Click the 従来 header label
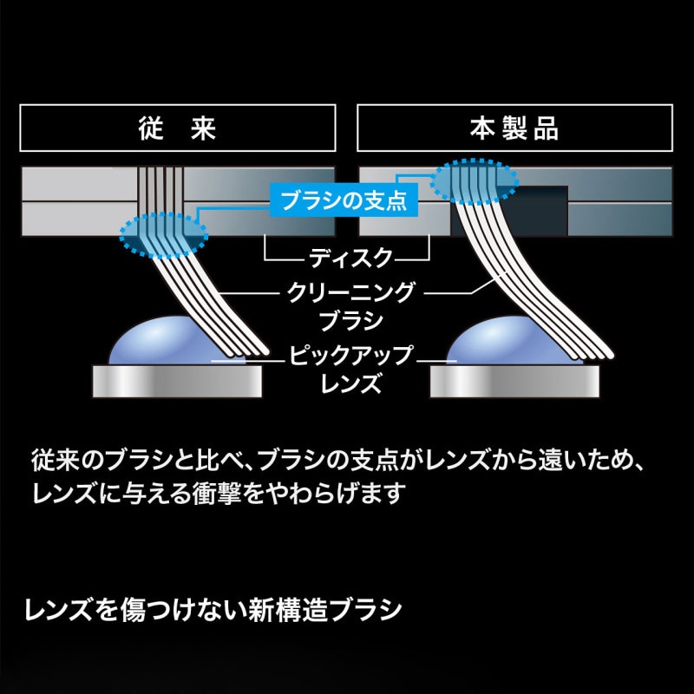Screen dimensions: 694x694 [178, 128]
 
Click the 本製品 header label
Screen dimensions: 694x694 [514, 128]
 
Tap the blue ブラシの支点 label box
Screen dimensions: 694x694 [344, 200]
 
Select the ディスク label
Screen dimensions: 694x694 [350, 258]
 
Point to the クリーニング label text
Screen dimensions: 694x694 [351, 292]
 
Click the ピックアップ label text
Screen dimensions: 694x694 [350, 356]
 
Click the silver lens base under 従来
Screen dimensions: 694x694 [177, 381]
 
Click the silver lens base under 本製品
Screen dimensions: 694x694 [514, 381]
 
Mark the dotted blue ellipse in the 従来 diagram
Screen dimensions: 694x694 [164, 235]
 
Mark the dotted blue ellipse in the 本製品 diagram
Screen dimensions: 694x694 [474, 181]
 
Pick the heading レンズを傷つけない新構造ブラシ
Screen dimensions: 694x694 [213, 610]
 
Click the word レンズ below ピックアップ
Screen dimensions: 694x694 [350, 383]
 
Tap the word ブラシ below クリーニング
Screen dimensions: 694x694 [350, 320]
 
